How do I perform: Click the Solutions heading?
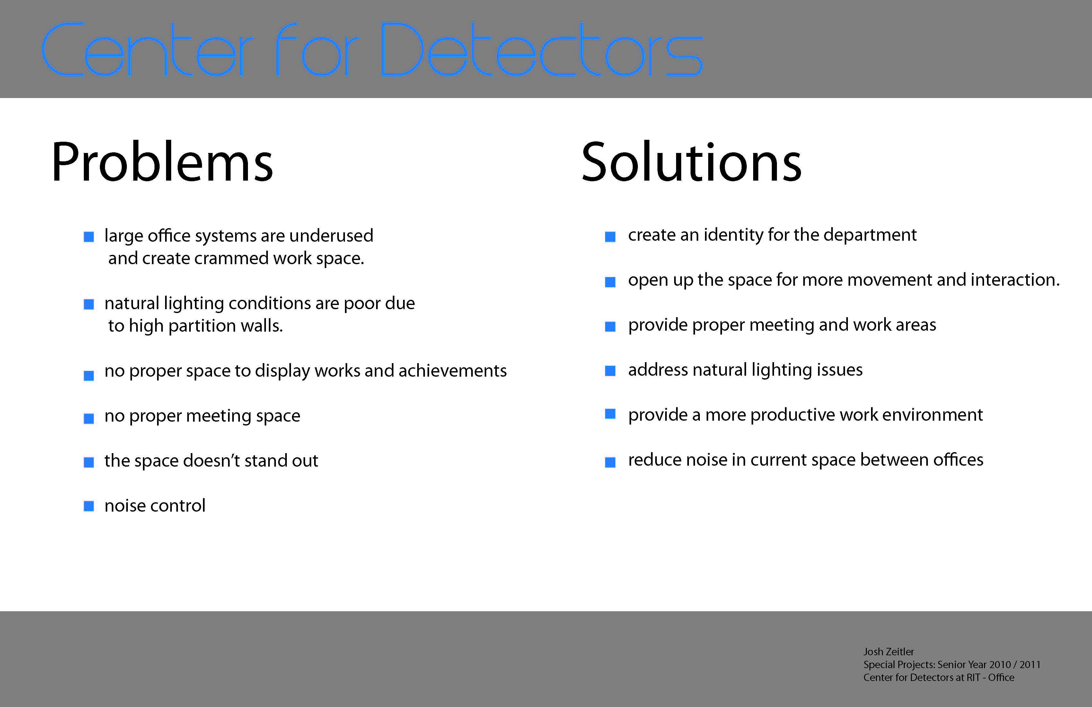(691, 162)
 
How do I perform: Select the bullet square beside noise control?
(89, 506)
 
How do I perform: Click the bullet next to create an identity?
(610, 237)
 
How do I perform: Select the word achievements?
(453, 371)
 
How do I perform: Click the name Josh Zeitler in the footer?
(888, 651)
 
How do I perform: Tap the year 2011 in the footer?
(1030, 664)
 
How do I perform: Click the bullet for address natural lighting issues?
(610, 371)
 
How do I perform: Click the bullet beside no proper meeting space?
(89, 418)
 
